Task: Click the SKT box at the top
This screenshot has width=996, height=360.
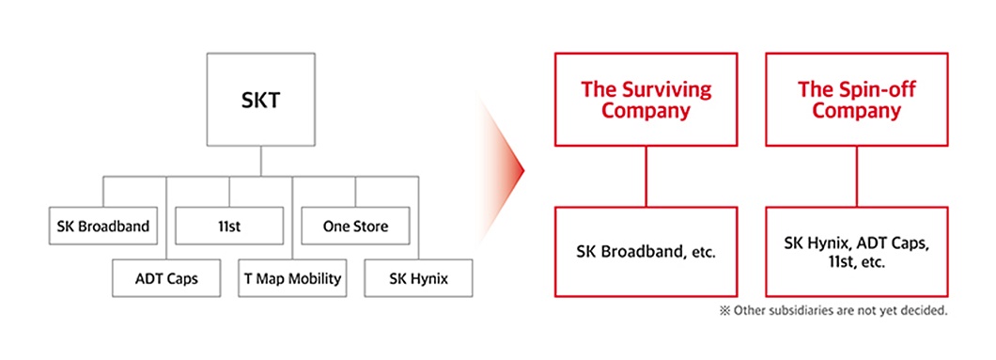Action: tap(260, 101)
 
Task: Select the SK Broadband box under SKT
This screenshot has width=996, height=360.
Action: tap(102, 226)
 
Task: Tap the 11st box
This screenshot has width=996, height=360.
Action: tap(228, 226)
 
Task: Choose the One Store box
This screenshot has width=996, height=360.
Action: tap(355, 226)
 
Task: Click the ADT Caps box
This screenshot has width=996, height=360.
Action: tap(165, 278)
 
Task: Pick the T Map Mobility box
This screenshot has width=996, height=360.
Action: tap(292, 278)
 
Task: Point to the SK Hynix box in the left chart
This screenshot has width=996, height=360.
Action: tap(418, 278)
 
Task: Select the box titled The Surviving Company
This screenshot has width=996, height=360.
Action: tap(646, 100)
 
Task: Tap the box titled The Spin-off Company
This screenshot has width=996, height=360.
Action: tap(856, 100)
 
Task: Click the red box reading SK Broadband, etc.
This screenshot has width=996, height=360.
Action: tap(646, 251)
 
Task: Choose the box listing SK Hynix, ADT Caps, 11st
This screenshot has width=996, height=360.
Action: tap(856, 251)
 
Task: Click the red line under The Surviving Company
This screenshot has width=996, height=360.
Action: tap(646, 177)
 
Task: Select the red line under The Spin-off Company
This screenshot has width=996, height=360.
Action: tap(856, 177)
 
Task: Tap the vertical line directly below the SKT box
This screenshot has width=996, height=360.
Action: tap(260, 163)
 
